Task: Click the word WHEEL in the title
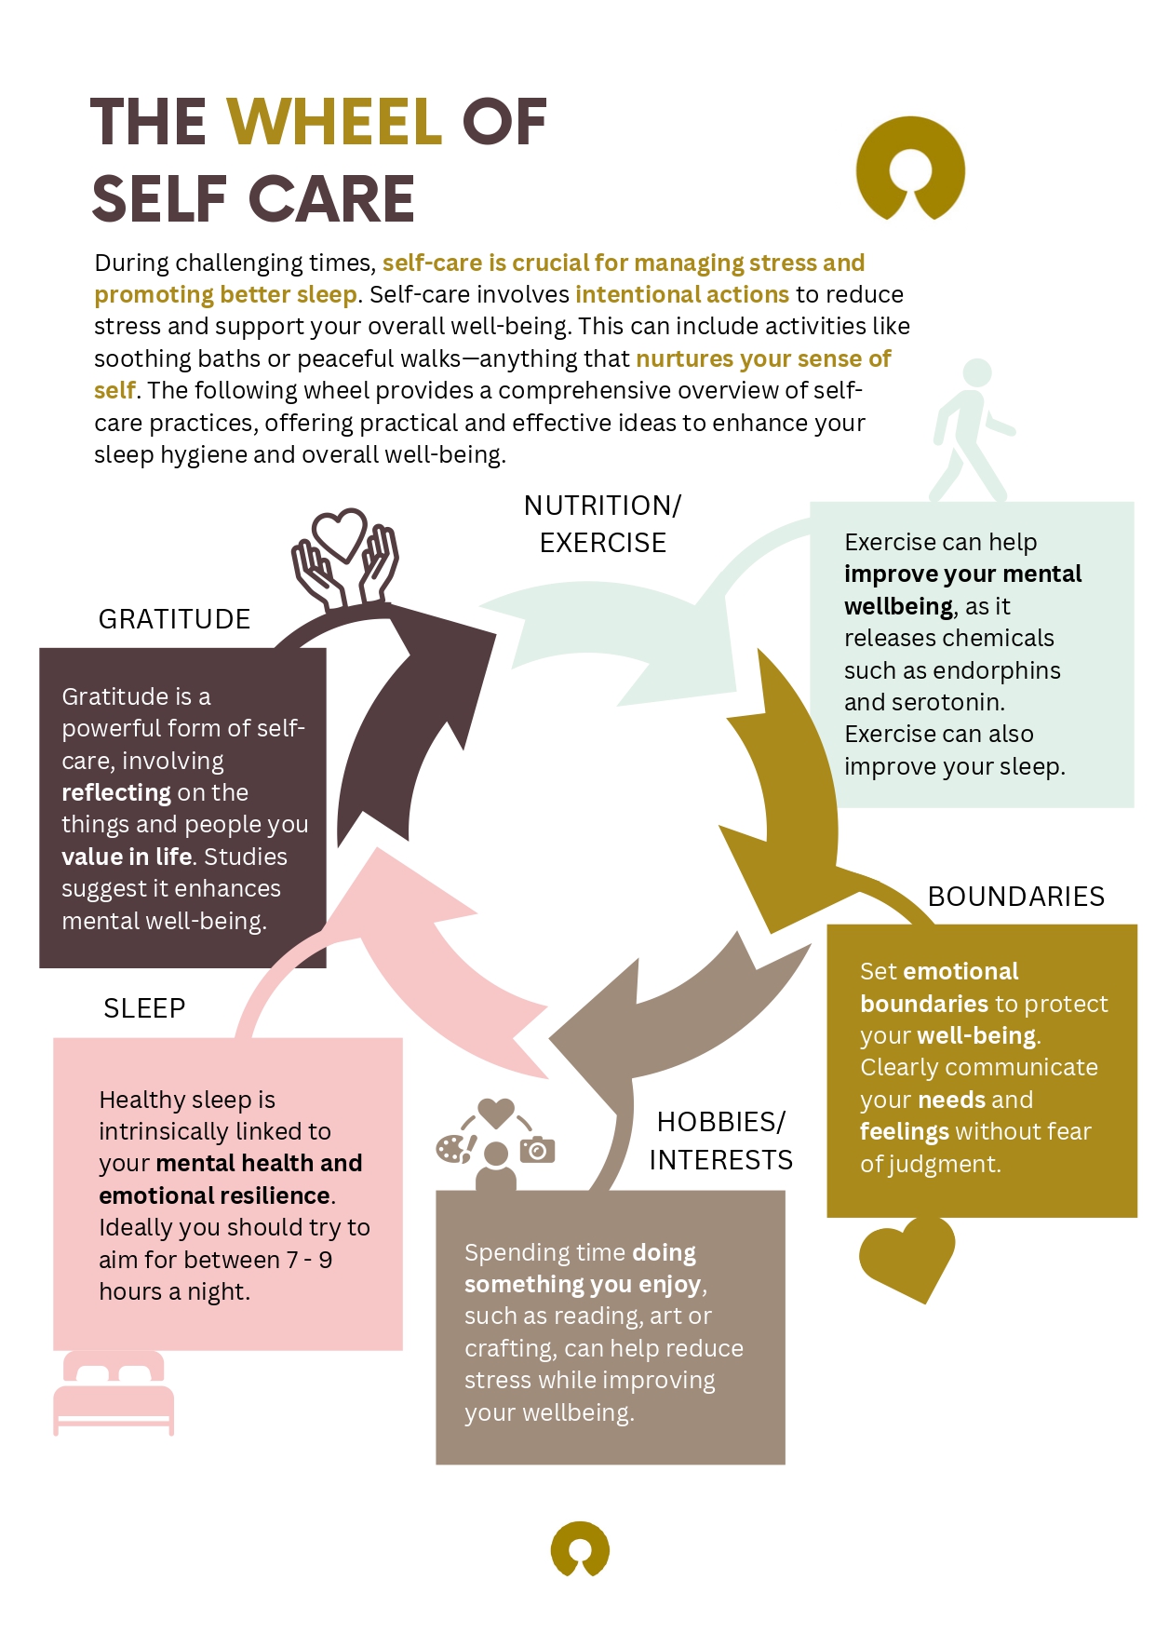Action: (x=334, y=122)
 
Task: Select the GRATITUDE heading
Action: (x=174, y=619)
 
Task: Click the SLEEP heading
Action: (x=144, y=1008)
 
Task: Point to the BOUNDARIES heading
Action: (x=1016, y=897)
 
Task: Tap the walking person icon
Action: (x=971, y=430)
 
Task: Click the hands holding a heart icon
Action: (x=344, y=559)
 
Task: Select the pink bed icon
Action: (x=114, y=1393)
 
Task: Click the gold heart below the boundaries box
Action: (x=907, y=1257)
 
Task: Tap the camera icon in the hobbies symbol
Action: (x=537, y=1150)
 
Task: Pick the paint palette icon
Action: (x=454, y=1149)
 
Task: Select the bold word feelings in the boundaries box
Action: (x=904, y=1131)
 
